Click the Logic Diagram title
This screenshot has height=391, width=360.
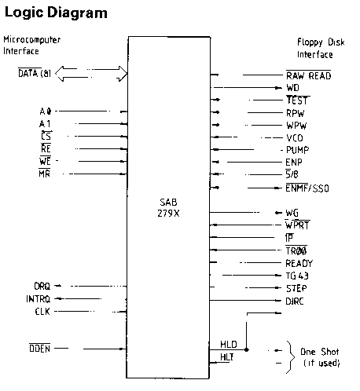click(x=56, y=13)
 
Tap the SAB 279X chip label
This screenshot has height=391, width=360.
click(x=168, y=208)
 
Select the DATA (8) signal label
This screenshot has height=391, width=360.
click(x=35, y=73)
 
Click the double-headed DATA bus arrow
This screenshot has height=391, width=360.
click(x=91, y=74)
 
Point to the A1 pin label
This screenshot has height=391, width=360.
click(x=45, y=123)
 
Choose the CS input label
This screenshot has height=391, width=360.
click(x=46, y=136)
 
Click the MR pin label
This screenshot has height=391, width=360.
click(x=45, y=174)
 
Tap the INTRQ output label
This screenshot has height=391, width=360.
click(x=38, y=299)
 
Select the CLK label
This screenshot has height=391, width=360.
click(x=42, y=312)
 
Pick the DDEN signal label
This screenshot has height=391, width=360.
click(x=39, y=349)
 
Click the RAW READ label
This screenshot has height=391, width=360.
click(x=308, y=75)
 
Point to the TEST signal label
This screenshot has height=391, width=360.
click(x=297, y=100)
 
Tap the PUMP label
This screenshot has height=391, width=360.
click(x=297, y=150)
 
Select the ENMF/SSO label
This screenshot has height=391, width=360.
click(x=307, y=188)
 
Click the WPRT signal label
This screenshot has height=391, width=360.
click(x=297, y=225)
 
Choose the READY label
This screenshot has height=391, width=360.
click(x=299, y=263)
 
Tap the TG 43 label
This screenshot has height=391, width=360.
click(x=297, y=276)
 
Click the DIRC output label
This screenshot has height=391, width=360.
click(x=295, y=301)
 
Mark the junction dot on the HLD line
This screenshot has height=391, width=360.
click(x=246, y=349)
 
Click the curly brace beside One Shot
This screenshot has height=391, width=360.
click(x=289, y=356)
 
